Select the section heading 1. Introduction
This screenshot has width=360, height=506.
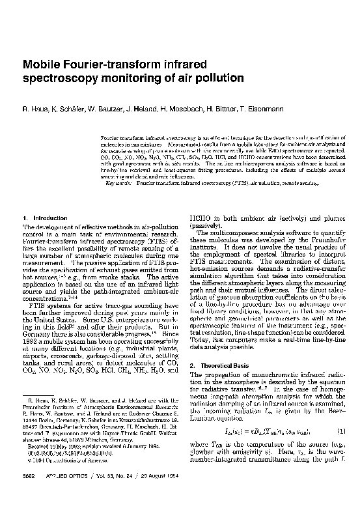point(40,218)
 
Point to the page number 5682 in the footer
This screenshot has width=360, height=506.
point(29,494)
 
